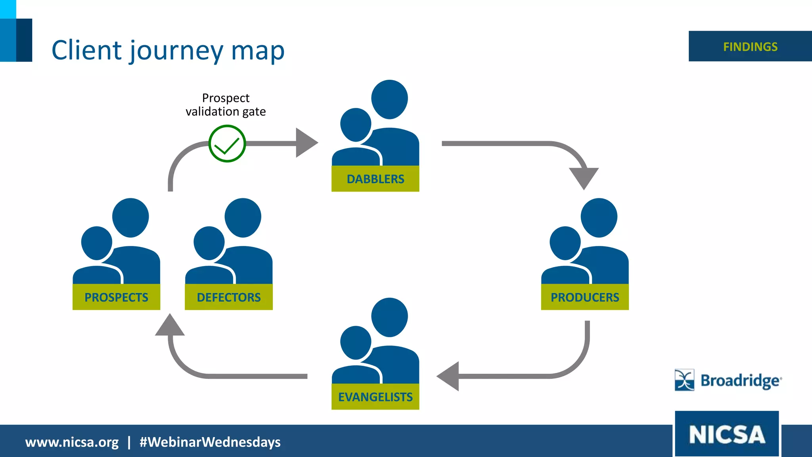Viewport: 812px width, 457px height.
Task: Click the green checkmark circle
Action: click(227, 144)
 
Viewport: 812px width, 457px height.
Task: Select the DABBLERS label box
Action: click(375, 179)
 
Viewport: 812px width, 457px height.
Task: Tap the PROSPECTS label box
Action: click(116, 297)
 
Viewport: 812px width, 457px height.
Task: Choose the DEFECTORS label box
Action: click(229, 297)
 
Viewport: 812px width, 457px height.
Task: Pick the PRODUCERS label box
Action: click(585, 297)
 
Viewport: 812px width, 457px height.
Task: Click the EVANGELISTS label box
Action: click(375, 397)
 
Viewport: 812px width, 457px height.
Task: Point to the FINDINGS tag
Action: click(750, 46)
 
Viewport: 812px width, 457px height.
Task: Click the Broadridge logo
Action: click(728, 380)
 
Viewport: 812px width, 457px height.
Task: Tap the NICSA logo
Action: click(727, 434)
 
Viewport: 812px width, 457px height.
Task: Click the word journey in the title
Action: click(176, 51)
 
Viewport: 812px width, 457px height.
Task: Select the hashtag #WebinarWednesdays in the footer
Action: click(210, 442)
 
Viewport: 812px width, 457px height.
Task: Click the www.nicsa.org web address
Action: click(72, 442)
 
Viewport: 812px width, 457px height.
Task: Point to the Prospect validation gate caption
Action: click(226, 105)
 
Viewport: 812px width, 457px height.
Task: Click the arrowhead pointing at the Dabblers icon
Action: click(306, 143)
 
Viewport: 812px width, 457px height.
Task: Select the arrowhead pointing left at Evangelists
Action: click(449, 376)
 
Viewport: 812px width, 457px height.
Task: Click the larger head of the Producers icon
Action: click(599, 217)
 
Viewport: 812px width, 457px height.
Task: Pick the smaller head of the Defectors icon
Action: click(209, 243)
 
